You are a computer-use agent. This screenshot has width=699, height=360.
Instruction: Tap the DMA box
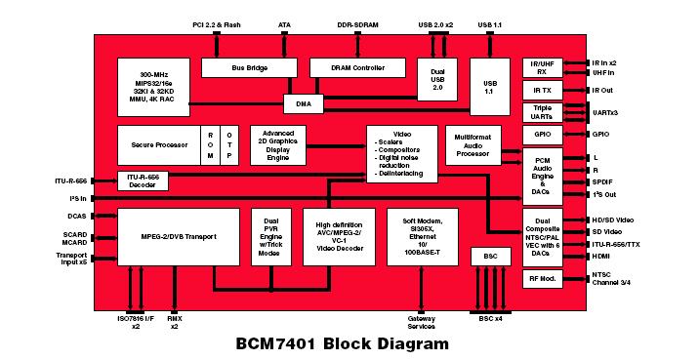pos(303,102)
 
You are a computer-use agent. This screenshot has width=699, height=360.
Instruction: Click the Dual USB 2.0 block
pos(436,87)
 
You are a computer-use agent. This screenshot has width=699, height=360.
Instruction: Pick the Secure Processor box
pos(158,144)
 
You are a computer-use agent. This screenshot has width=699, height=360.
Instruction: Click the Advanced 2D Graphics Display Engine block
pos(278,144)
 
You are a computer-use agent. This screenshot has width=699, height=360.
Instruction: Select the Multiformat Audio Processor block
pos(479,145)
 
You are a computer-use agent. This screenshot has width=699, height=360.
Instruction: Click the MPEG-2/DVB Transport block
pos(178,236)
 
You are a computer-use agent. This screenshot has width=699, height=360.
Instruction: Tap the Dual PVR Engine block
pos(271,236)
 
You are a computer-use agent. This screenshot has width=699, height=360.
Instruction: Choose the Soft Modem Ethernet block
pos(422,236)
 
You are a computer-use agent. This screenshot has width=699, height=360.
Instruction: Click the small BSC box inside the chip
pos(485,257)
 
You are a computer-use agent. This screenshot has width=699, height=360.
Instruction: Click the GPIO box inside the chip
pos(542,134)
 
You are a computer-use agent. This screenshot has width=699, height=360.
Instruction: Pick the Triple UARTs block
pos(542,112)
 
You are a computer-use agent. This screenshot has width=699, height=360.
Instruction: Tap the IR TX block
pos(542,90)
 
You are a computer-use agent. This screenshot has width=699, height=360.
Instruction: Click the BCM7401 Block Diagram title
pos(343,343)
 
